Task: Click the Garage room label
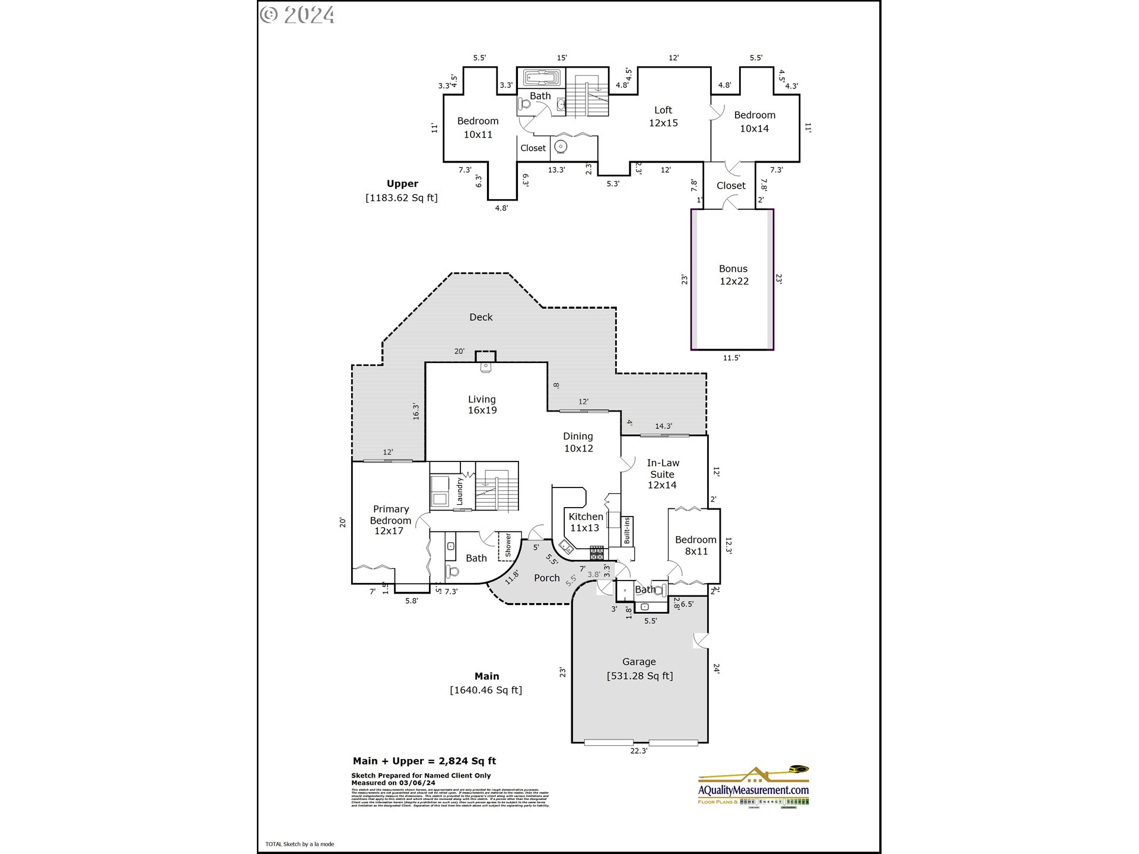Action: (639, 662)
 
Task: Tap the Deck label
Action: (481, 317)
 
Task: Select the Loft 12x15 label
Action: (663, 117)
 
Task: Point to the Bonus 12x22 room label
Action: (733, 275)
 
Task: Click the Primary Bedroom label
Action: (390, 520)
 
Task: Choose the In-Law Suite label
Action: (663, 474)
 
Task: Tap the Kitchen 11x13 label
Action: (586, 522)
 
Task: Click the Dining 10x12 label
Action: (578, 442)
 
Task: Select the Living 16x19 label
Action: (482, 404)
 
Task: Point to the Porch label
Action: (546, 578)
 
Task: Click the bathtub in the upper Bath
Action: (541, 78)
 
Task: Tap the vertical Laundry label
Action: (459, 492)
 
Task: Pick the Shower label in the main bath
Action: (508, 545)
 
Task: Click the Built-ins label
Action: (626, 531)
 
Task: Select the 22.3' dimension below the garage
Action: (638, 751)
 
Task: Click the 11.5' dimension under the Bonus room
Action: (731, 358)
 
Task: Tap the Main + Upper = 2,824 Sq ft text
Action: (424, 761)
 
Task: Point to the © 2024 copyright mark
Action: (297, 15)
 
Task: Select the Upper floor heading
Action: (402, 184)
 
